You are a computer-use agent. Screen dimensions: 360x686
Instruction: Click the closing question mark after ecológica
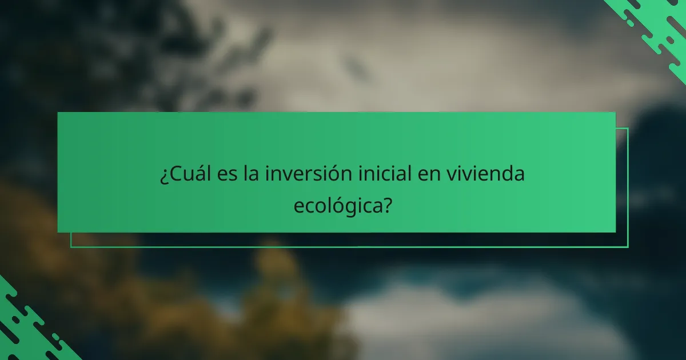click(388, 205)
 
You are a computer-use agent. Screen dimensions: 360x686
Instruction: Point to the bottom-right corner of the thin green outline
click(628, 247)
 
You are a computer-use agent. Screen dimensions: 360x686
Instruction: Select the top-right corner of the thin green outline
click(628, 128)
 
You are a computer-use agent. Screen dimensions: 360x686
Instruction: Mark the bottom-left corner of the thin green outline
click(71, 247)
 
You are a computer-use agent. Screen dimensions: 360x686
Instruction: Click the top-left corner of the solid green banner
click(58, 113)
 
